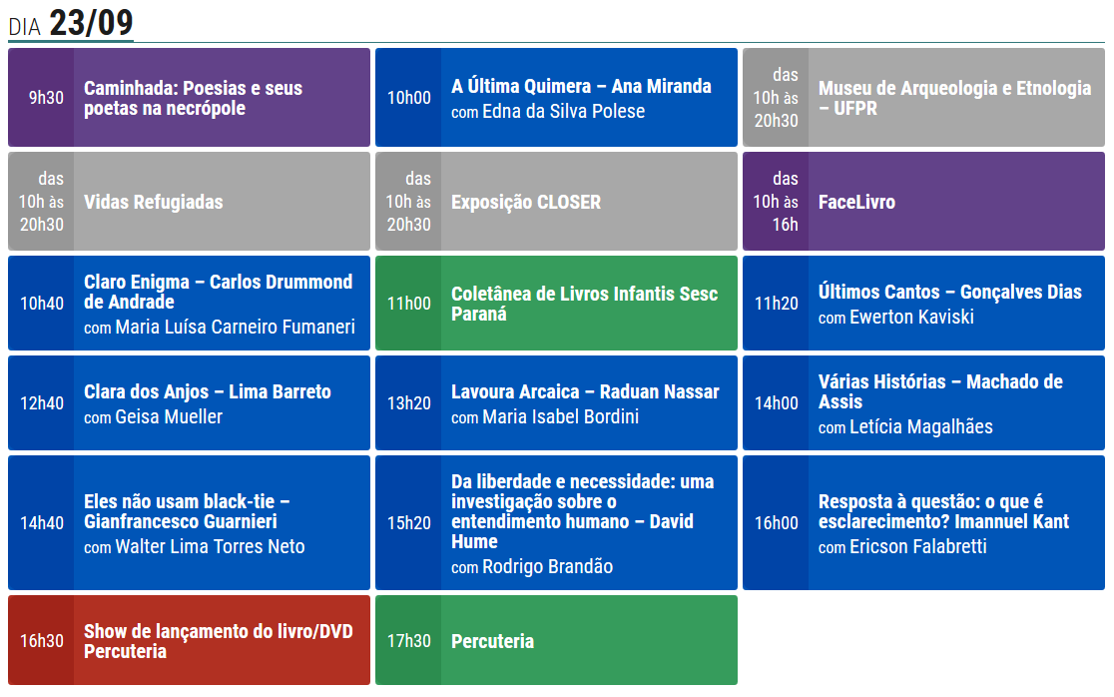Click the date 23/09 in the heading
91,23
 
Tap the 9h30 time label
46,98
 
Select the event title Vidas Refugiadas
154,203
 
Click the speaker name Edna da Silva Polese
563,112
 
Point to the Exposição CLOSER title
526,203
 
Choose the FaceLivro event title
856,203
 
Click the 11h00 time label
409,304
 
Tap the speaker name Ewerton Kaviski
911,317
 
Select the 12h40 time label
42,403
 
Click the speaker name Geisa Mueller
169,417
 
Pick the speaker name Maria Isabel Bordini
561,417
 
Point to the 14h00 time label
777,403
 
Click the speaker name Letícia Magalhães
921,427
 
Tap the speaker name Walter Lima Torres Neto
211,547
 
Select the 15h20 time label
409,523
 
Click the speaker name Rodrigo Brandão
548,567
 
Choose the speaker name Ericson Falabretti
918,547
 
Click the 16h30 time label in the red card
42,642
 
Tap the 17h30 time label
409,642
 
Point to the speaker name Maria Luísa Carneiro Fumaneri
236,327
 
